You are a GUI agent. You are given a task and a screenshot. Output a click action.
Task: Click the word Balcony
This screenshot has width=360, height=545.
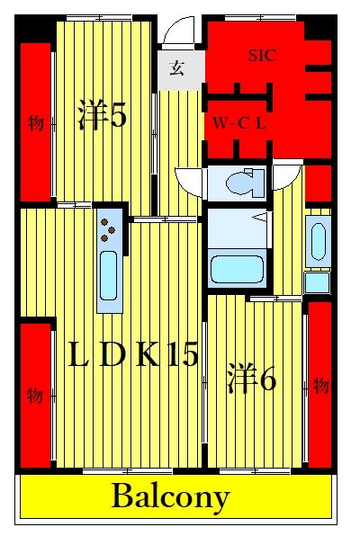tap(171, 497)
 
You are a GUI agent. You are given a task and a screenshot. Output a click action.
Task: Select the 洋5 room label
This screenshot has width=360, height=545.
tap(102, 114)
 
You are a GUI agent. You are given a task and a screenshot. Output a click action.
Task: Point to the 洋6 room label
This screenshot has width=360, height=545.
tap(251, 378)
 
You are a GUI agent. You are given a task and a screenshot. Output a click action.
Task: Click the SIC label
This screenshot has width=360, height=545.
tap(262, 56)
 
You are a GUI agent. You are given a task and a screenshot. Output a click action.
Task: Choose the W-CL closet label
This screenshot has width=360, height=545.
tap(239, 123)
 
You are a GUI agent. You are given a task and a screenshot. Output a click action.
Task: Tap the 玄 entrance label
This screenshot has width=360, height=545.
tap(176, 68)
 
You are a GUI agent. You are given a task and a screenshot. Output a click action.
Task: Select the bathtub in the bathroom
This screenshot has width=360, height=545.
tap(237, 270)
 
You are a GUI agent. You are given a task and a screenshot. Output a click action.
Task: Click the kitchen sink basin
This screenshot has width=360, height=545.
tap(108, 275)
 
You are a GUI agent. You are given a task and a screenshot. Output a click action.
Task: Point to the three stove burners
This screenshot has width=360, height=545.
tap(107, 229)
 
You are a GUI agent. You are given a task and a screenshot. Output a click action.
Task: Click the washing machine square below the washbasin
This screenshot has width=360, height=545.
tap(317, 283)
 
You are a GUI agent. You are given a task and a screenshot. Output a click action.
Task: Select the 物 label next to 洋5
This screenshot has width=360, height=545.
tap(36, 123)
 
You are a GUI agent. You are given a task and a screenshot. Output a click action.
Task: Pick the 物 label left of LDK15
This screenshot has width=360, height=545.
tap(35, 396)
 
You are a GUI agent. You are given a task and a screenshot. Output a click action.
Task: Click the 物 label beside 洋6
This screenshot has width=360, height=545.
tap(320, 386)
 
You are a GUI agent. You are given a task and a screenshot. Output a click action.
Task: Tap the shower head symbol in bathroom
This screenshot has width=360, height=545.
tap(262, 218)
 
